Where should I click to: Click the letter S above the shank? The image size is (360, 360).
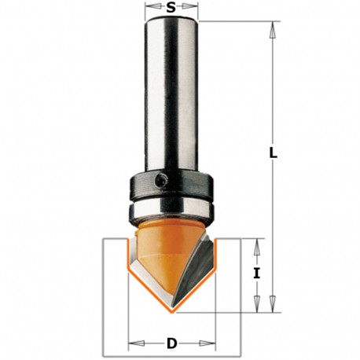click(x=171, y=9)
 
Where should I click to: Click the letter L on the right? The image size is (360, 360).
click(x=273, y=154)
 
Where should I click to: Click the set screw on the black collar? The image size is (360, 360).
click(x=160, y=182)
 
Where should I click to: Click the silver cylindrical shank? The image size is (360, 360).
click(x=171, y=94)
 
